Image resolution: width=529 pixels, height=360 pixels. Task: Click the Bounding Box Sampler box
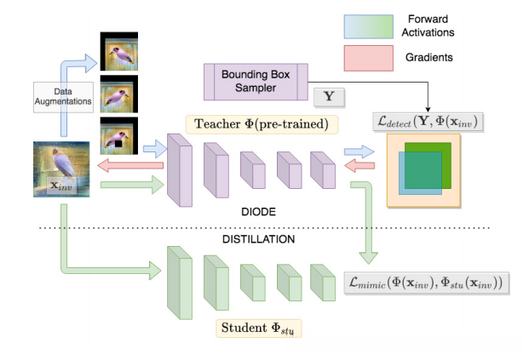[256, 82]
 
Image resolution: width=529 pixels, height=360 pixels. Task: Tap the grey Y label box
[329, 97]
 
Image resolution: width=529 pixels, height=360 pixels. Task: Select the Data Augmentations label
[63, 97]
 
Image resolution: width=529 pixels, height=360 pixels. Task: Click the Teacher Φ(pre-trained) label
[262, 124]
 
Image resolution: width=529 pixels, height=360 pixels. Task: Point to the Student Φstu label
[259, 328]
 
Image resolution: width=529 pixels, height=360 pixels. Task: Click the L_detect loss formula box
[428, 122]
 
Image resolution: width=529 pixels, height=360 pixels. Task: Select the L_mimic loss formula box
[427, 283]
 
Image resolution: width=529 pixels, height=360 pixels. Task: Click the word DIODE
[258, 212]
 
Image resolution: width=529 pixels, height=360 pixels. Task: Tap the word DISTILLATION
[258, 239]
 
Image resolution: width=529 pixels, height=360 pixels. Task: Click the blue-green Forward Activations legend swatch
[368, 26]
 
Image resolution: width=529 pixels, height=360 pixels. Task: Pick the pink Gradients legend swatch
[368, 59]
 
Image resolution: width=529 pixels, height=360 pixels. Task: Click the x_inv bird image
[61, 169]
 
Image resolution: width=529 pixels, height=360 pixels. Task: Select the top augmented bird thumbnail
[119, 51]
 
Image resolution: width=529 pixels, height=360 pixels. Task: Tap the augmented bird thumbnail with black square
[119, 136]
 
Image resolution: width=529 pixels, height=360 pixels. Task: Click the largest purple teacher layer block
[180, 170]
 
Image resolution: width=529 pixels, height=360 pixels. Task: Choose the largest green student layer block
[180, 283]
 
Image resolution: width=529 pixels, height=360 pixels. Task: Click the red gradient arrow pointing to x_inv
[130, 165]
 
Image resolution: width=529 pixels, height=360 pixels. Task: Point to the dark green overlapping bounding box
[428, 165]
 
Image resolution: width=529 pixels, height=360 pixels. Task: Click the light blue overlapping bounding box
[420, 173]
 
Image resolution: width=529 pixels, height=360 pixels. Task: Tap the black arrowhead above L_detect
[428, 109]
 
